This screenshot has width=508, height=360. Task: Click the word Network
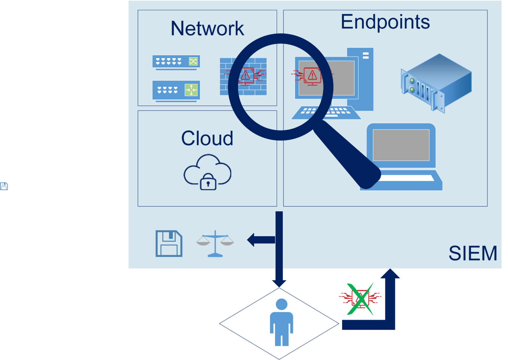(x=207, y=28)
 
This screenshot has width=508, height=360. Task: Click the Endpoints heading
(x=385, y=22)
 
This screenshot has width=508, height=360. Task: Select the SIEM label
(x=473, y=253)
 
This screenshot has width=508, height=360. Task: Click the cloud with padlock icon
(x=207, y=172)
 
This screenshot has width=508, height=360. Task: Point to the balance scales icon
(x=215, y=244)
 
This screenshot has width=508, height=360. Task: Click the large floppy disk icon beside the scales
(x=169, y=244)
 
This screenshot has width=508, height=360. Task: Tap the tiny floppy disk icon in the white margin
(x=4, y=186)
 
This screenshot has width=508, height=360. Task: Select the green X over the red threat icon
(x=360, y=299)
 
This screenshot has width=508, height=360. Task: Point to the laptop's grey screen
(x=401, y=145)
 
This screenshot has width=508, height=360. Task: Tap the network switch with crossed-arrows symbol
(x=176, y=62)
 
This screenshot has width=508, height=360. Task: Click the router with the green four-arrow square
(x=176, y=90)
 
